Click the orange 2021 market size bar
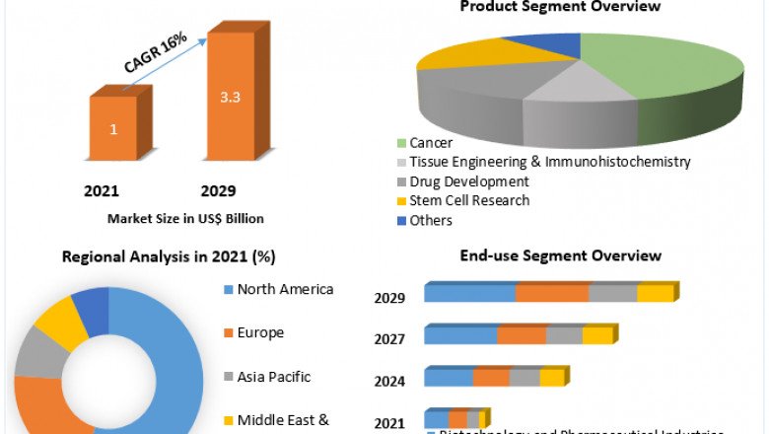tap(113, 128)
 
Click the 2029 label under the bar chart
tap(218, 190)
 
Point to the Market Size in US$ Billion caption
tap(185, 218)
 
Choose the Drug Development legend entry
tap(462, 181)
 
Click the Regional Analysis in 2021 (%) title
tap(169, 256)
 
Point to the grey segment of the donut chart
tap(36, 353)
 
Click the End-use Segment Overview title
tap(561, 255)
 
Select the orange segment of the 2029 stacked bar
tap(552, 293)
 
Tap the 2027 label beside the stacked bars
tap(390, 339)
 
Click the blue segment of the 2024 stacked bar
tap(449, 378)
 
